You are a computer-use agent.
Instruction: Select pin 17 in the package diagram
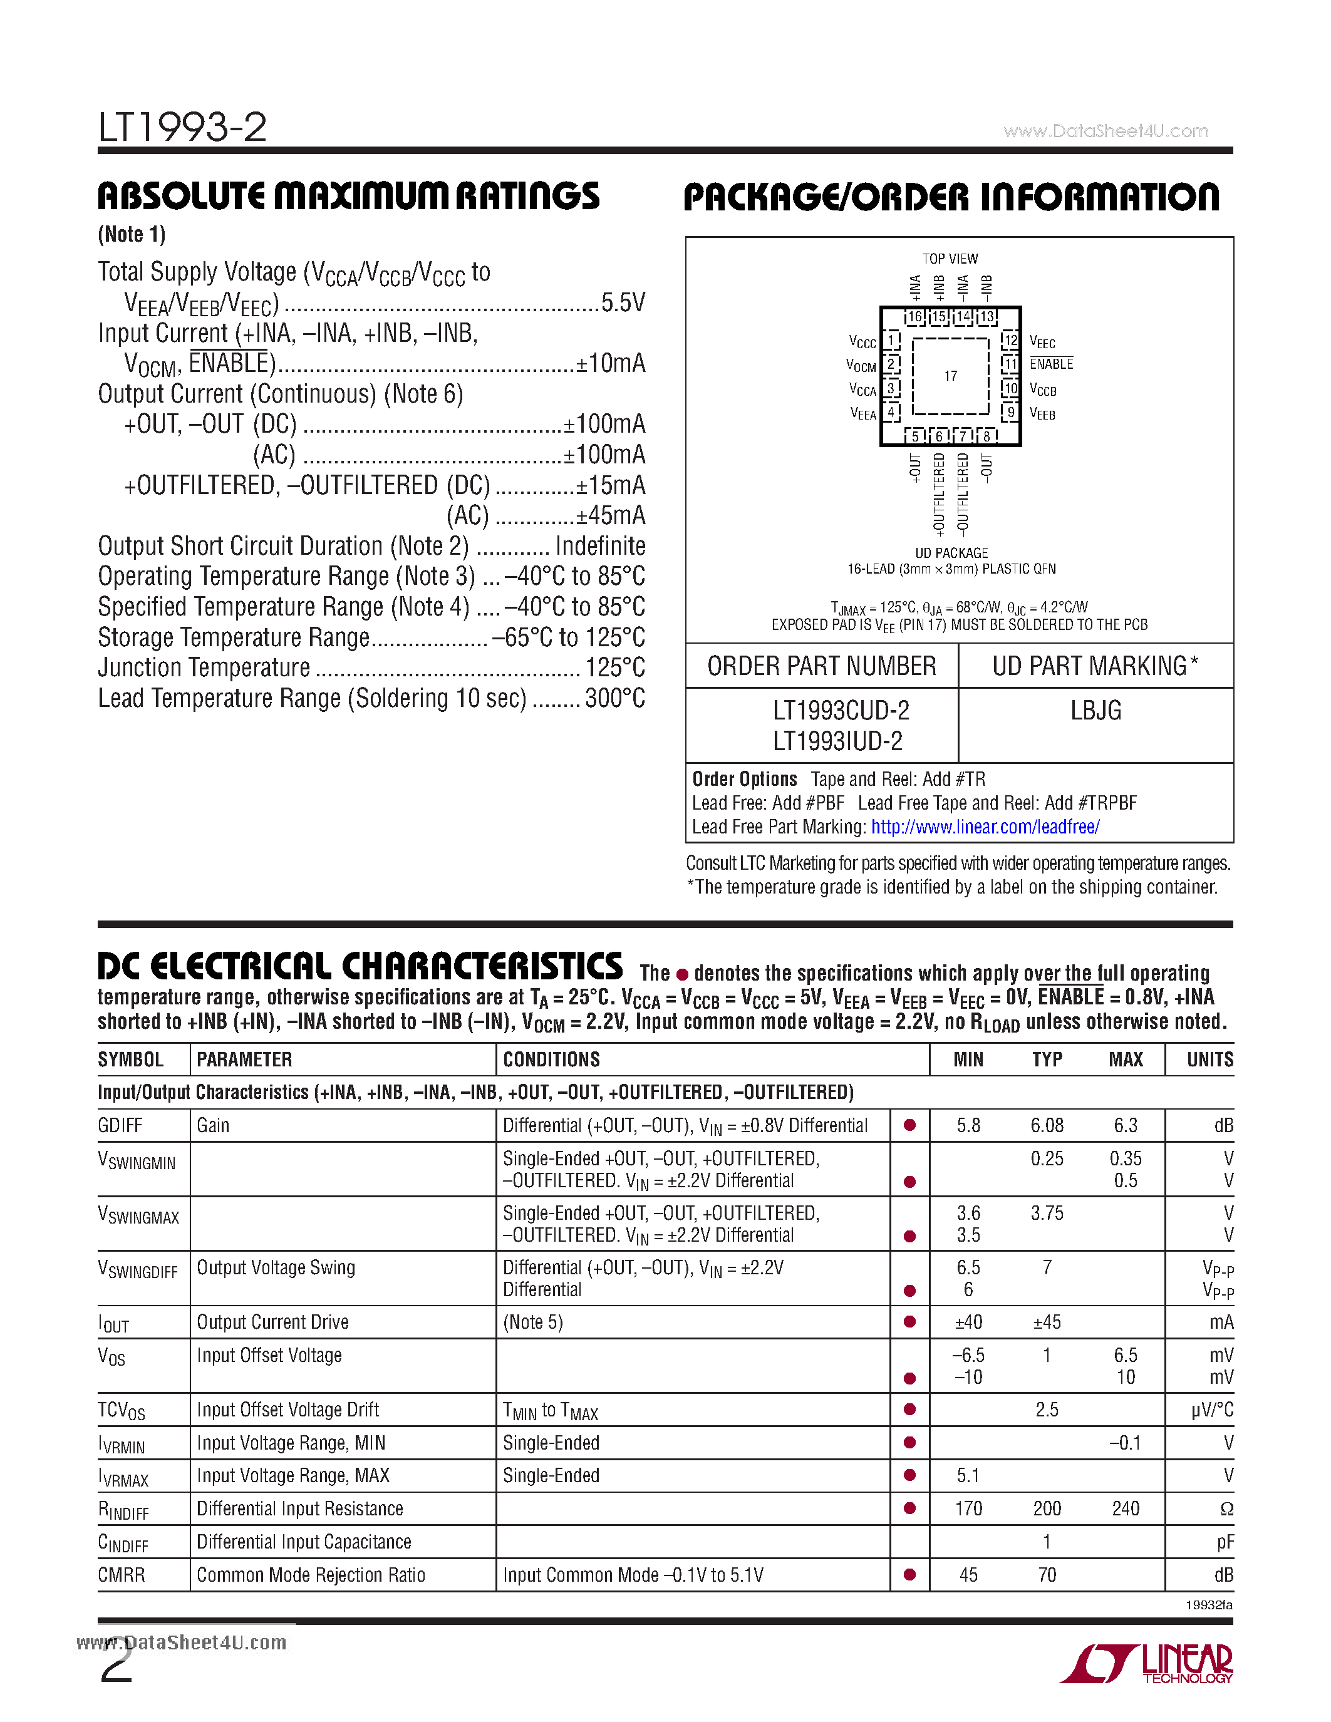click(x=950, y=376)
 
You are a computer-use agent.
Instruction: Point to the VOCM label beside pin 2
click(x=861, y=366)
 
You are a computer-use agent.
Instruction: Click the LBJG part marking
click(x=1095, y=711)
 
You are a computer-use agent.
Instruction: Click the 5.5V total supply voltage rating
click(x=623, y=303)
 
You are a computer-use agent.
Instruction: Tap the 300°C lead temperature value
click(x=615, y=699)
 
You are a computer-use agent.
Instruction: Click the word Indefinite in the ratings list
click(x=600, y=545)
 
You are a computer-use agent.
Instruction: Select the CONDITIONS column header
click(x=551, y=1059)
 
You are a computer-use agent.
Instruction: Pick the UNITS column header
click(x=1209, y=1059)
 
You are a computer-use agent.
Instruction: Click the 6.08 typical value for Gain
click(x=1047, y=1126)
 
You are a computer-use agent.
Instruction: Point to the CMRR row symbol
click(x=122, y=1575)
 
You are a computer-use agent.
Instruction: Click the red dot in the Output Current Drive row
click(x=909, y=1321)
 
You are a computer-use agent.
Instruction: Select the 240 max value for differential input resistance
click(x=1125, y=1509)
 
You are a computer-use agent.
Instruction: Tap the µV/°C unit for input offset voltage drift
click(x=1212, y=1411)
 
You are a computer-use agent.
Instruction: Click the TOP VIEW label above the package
click(x=950, y=259)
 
